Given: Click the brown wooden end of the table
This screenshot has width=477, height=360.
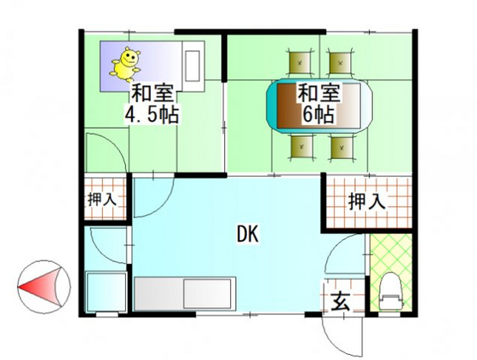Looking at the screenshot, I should point(282,106).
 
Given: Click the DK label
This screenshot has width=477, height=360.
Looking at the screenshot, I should point(248,231).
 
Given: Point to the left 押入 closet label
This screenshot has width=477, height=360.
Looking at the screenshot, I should point(102,200).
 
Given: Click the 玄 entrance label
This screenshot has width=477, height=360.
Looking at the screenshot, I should point(340,300).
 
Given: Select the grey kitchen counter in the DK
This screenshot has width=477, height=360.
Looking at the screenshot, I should point(184,294).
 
